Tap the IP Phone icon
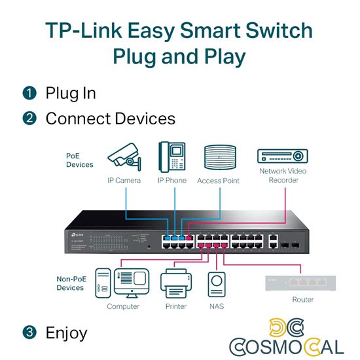[171, 157]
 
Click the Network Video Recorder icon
[283, 156]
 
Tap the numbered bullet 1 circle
[29, 93]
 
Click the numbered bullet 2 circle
[29, 118]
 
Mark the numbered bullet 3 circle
[29, 333]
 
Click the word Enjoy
[66, 333]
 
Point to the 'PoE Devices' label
[79, 160]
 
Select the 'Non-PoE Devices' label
[70, 283]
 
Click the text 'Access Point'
[218, 181]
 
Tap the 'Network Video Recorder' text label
[283, 175]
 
